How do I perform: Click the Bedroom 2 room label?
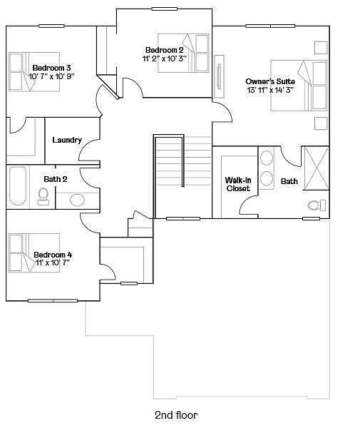tap(164, 50)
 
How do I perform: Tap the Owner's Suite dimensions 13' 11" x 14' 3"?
tap(270, 90)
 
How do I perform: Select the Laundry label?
tap(67, 140)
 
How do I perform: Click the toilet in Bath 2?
tap(43, 196)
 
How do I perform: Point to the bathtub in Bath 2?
tap(17, 186)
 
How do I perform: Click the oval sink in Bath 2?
tap(77, 200)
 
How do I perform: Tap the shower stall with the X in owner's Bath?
tap(317, 168)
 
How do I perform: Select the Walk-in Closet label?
tap(238, 184)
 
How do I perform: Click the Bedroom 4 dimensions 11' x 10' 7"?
tap(53, 263)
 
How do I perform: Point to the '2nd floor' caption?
tap(176, 415)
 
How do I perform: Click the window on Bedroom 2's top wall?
tap(165, 9)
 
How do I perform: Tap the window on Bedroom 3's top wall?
tap(51, 26)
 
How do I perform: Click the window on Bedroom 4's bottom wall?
tap(53, 301)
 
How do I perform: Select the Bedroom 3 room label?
tap(52, 68)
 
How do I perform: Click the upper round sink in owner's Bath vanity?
tap(267, 158)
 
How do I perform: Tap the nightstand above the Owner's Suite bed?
tap(321, 48)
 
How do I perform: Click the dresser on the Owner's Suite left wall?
tap(219, 76)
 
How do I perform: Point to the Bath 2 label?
tap(56, 179)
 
